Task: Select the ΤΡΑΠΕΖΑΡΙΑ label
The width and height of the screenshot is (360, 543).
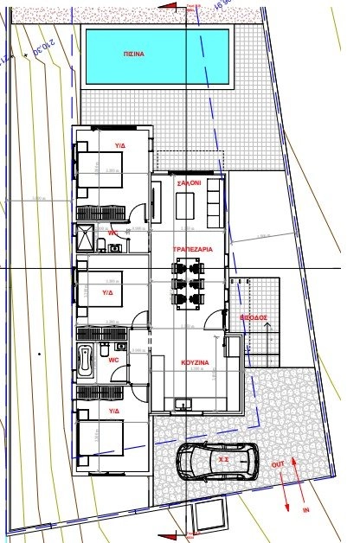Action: pos(192,249)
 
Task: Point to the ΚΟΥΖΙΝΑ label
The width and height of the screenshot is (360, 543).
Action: pos(192,361)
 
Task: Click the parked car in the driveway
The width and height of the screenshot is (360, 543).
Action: pos(216,460)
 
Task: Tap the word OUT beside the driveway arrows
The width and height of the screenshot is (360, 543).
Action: pos(278,464)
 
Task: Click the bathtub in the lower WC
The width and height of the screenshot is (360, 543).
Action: pos(85,361)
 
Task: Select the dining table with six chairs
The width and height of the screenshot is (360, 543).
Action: pos(190,282)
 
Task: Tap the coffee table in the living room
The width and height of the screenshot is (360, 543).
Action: pos(185,206)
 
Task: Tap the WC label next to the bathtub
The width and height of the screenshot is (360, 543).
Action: pos(113,360)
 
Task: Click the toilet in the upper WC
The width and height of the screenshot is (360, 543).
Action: pos(116,248)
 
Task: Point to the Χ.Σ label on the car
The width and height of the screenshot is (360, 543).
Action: pos(223,460)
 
